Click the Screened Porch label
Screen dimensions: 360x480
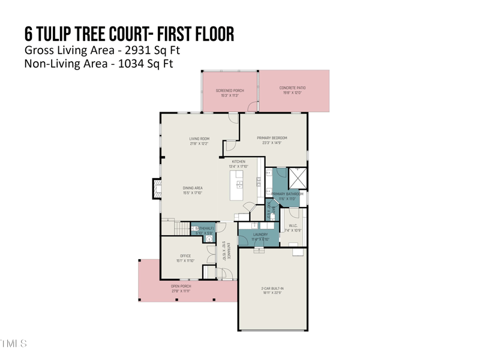(230, 91)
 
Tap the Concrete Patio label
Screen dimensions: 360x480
(292, 88)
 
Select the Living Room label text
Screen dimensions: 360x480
(199, 139)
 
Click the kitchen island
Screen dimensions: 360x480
(237, 186)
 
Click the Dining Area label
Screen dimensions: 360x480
(193, 188)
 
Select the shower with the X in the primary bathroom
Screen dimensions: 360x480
(297, 178)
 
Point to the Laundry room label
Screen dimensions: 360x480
(260, 235)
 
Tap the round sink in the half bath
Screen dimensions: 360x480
(209, 238)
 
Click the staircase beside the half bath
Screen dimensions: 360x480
(182, 229)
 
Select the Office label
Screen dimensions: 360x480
(185, 256)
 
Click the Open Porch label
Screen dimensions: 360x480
(181, 287)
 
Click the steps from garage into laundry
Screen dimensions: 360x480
(259, 250)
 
